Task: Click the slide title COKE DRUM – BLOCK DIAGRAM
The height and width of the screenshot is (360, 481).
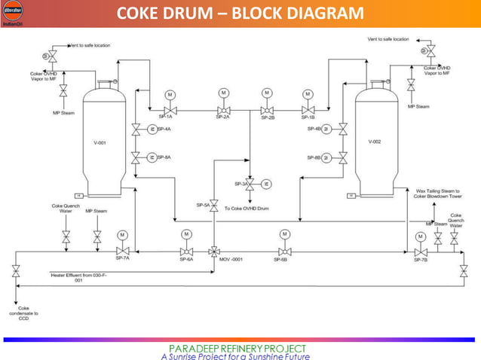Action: tap(240, 14)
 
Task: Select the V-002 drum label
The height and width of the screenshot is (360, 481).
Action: tap(375, 142)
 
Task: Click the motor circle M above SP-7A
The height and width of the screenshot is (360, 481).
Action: tap(122, 234)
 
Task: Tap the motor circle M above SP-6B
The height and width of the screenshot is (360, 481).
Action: tap(285, 234)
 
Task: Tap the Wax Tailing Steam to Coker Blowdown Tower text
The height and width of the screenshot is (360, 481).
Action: tap(439, 194)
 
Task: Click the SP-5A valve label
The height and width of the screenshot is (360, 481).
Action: tap(204, 205)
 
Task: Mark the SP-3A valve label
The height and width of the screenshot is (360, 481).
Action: tap(240, 184)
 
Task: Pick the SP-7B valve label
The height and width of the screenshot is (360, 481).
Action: tap(420, 260)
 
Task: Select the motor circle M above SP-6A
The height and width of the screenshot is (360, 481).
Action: tap(186, 234)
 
